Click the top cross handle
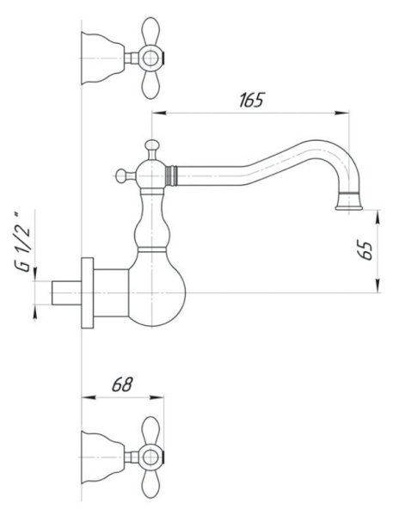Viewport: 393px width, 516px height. click(x=152, y=59)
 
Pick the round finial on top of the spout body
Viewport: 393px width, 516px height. click(x=152, y=145)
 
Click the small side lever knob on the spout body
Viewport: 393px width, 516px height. click(x=118, y=177)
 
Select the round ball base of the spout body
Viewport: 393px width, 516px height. click(x=154, y=288)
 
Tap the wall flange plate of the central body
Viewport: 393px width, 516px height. click(x=87, y=292)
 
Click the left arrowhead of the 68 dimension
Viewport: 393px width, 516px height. click(x=85, y=397)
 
